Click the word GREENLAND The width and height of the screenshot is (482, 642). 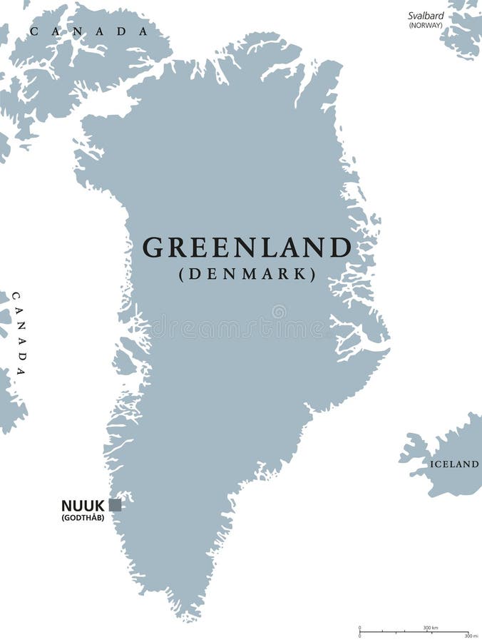[x=247, y=248]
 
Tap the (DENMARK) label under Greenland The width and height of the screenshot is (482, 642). [x=247, y=274]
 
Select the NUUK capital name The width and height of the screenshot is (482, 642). [x=83, y=506]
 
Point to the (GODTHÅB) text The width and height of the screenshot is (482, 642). [x=83, y=517]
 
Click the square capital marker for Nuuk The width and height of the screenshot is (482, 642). [x=115, y=505]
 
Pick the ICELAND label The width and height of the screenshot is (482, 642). [x=454, y=464]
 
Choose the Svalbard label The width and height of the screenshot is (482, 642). [x=426, y=15]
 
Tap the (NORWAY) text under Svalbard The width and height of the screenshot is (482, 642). [x=426, y=25]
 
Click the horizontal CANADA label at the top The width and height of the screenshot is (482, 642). [x=89, y=31]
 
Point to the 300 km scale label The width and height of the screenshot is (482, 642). [x=431, y=628]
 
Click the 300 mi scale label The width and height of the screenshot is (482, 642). [x=471, y=636]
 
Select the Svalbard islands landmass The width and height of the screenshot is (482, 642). [x=463, y=32]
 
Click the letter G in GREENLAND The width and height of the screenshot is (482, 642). [x=151, y=248]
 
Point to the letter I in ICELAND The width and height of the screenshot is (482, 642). [x=432, y=464]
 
